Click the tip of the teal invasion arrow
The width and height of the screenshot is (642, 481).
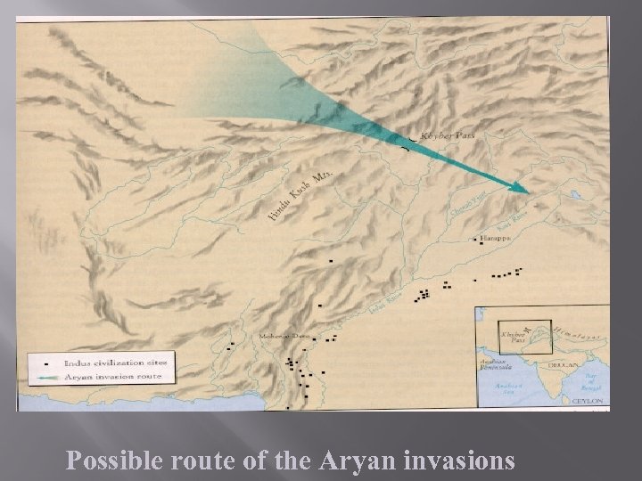click(x=527, y=191)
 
